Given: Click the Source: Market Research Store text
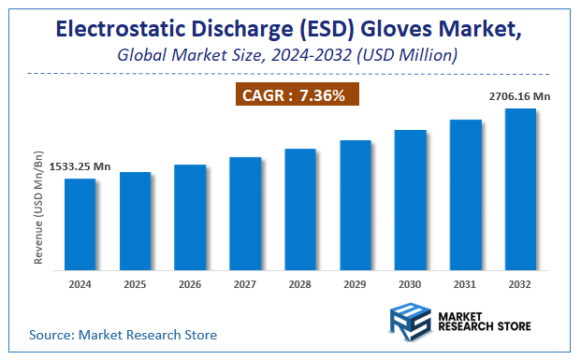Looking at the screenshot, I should coord(123,334).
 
